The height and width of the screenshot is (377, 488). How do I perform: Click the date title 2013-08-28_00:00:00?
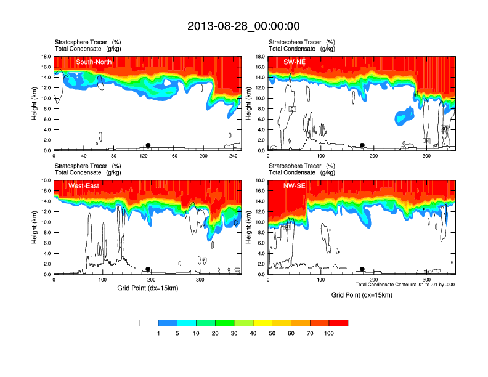tap(243, 26)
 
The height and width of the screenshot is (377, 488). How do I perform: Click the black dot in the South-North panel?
tap(148, 145)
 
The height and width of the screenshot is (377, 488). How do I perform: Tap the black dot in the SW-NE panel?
tap(362, 145)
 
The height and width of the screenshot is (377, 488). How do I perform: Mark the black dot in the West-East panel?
tap(148, 269)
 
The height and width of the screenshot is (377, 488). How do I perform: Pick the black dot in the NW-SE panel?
tap(362, 269)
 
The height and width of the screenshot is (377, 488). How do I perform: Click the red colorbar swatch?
tap(338, 323)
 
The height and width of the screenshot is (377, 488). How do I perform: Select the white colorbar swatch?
tap(148, 323)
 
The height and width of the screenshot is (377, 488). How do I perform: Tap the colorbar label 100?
tap(329, 333)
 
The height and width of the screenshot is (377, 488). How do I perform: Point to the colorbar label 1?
tap(158, 333)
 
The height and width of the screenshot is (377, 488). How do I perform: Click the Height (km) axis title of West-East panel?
tap(35, 227)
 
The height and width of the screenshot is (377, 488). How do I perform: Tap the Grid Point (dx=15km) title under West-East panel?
tap(147, 288)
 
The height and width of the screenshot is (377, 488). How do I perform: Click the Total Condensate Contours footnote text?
tap(405, 285)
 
